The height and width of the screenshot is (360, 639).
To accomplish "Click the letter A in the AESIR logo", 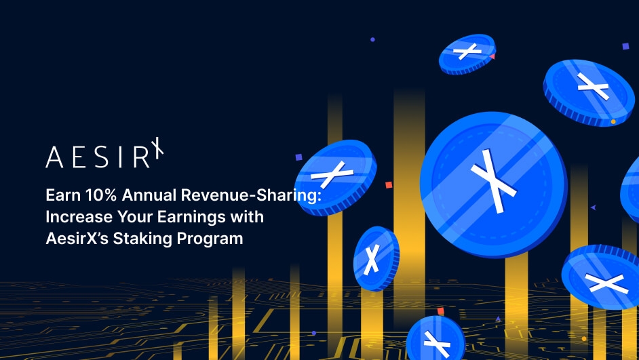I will tap(54, 157).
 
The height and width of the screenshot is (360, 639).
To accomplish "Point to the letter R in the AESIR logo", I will tap(140, 157).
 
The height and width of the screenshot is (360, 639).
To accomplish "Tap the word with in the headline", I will tap(248, 218).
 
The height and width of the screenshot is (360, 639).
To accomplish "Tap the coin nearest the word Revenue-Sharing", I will tap(334, 176).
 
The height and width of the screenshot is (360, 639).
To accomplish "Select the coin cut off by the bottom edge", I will tap(434, 340).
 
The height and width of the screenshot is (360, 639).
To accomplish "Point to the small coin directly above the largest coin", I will tap(467, 53).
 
